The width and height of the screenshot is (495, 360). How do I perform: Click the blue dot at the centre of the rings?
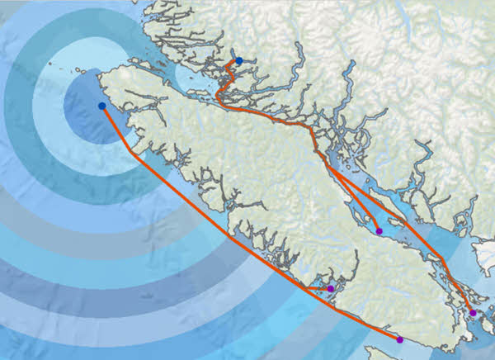101,106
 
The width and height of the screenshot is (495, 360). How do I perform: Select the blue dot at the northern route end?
238,60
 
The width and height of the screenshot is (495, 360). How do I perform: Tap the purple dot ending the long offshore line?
399,339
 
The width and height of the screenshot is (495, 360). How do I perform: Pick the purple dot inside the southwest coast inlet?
330,288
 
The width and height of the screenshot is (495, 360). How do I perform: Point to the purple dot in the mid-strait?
379,231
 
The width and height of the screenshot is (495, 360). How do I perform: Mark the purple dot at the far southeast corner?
472,313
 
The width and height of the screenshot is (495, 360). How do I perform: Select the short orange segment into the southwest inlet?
318,288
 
